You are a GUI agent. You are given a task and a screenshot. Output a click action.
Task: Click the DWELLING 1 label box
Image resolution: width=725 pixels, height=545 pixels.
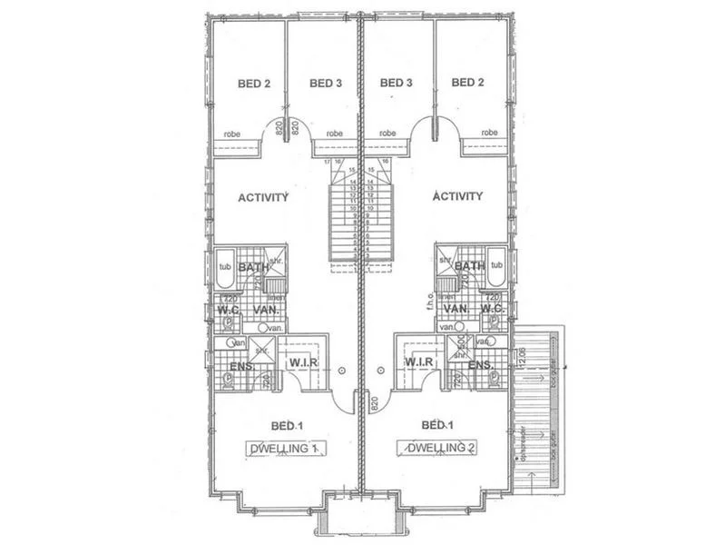pyautogui.click(x=285, y=449)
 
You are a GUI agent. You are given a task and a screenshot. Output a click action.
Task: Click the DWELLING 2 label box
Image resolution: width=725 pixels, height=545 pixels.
pyautogui.click(x=439, y=449)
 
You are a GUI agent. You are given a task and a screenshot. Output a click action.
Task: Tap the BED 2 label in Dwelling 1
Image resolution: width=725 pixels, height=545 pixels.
pyautogui.click(x=254, y=84)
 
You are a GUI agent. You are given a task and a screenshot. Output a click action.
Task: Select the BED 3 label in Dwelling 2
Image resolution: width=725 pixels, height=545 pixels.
pyautogui.click(x=397, y=84)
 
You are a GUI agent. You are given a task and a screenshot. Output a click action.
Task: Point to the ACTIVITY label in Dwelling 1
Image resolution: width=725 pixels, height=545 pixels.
pyautogui.click(x=263, y=197)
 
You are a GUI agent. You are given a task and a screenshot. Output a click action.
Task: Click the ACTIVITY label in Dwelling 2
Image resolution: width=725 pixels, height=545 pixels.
pyautogui.click(x=458, y=197)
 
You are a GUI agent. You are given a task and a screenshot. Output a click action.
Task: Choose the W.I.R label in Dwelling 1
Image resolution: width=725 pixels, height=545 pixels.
pyautogui.click(x=301, y=363)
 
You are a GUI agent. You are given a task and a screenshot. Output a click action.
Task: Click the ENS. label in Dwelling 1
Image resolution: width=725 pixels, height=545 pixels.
pyautogui.click(x=240, y=366)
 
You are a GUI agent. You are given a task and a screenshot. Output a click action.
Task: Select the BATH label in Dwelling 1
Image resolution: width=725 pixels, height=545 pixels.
pyautogui.click(x=252, y=267)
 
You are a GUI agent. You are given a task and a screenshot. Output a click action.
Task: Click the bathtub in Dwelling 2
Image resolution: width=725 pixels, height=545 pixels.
pyautogui.click(x=495, y=266)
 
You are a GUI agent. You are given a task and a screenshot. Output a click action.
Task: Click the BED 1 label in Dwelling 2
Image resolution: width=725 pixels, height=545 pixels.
pyautogui.click(x=438, y=425)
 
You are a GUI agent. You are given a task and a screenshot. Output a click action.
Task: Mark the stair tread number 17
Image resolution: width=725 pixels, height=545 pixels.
pyautogui.click(x=328, y=161)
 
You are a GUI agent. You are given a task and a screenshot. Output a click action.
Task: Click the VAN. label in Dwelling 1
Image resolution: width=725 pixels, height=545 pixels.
pyautogui.click(x=267, y=310)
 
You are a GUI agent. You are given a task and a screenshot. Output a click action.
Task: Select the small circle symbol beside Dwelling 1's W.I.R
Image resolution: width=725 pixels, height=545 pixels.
pyautogui.click(x=341, y=371)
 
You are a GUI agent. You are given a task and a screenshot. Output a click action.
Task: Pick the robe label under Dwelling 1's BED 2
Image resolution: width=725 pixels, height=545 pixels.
pyautogui.click(x=232, y=134)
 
